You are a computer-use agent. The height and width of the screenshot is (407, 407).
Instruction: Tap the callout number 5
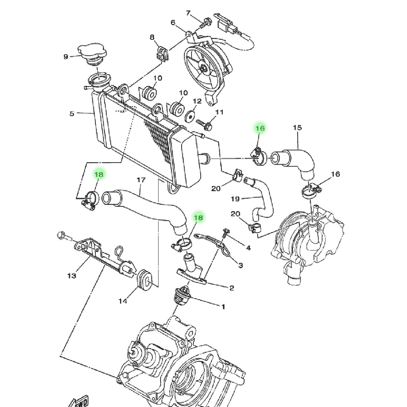(72, 114)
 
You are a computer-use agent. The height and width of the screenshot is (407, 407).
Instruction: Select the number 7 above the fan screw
(188, 13)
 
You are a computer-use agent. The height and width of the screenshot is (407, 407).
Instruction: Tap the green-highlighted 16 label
(260, 128)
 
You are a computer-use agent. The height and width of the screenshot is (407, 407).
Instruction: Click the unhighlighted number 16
(335, 174)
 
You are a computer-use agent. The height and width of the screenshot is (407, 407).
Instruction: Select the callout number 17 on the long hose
(141, 180)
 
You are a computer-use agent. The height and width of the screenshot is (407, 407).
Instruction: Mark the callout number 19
(235, 199)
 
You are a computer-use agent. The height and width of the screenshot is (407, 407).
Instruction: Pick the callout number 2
(232, 288)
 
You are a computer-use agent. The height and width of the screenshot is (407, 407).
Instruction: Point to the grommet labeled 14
(144, 280)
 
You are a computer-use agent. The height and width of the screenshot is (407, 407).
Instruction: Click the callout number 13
(72, 276)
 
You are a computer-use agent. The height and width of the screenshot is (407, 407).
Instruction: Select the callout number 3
(240, 265)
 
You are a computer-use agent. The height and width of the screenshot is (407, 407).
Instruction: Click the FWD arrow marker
(79, 401)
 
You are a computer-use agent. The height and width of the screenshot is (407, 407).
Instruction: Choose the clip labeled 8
(162, 54)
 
